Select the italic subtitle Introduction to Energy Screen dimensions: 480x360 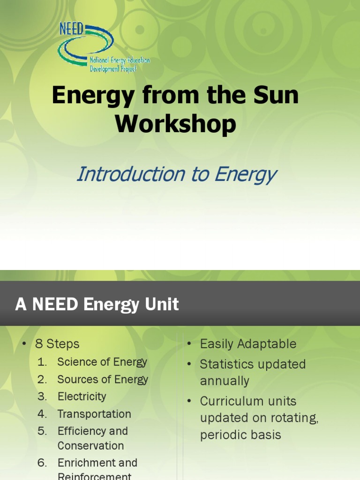pos(176,174)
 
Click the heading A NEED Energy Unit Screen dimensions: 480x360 pos(97,305)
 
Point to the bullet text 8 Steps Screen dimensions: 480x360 pos(57,344)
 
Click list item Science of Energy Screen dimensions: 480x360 pos(102,362)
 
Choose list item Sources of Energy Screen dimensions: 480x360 pos(103,379)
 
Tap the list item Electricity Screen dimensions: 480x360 pos(82,397)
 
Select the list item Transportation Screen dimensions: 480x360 pos(94,414)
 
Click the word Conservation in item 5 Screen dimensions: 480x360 pos(90,445)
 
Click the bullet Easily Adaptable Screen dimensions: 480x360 pos(248,344)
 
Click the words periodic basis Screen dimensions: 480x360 pos(240,435)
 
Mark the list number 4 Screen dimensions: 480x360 pos(42,414)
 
